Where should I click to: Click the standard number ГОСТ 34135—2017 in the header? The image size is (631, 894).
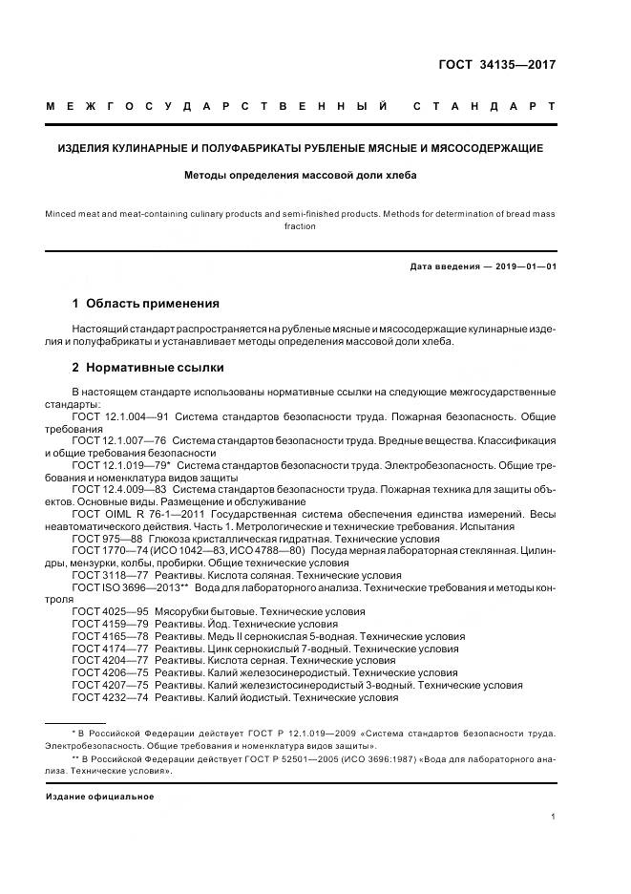496,66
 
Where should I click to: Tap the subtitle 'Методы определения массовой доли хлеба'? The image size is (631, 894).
301,175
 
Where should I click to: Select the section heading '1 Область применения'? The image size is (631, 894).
145,304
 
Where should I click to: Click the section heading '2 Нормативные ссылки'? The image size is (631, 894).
148,368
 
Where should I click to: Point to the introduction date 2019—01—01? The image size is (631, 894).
523,266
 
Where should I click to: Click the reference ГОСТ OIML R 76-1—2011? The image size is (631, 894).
132,514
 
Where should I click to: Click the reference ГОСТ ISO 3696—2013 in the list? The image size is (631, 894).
127,587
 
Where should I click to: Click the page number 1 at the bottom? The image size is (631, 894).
555,818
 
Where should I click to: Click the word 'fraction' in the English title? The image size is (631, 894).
301,227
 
